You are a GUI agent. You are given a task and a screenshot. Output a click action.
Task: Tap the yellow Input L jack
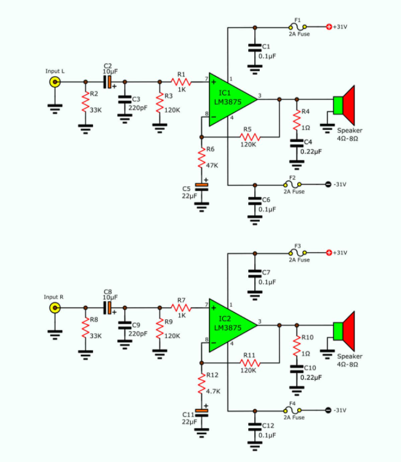[55, 82]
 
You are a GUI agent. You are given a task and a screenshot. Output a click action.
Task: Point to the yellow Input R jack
[55, 308]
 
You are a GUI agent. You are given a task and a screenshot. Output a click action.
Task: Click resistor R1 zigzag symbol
[181, 82]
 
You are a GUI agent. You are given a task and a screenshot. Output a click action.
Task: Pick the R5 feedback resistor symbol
[250, 137]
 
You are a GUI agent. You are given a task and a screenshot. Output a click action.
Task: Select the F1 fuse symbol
[298, 27]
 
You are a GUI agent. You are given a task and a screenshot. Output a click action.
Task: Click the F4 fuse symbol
[292, 410]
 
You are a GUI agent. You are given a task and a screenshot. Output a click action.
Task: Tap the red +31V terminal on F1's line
[329, 27]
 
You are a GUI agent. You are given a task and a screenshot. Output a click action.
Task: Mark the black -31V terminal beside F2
[329, 184]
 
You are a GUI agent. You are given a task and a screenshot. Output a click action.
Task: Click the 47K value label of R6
[212, 166]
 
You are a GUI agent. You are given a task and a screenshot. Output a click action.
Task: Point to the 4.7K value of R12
[213, 392]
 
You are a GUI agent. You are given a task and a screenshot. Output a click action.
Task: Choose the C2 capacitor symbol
[107, 82]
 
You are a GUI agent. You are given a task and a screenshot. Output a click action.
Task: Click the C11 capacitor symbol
[202, 413]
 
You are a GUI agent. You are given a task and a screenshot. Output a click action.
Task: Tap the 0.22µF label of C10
[311, 377]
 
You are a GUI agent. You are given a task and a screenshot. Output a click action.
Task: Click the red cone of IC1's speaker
[349, 105]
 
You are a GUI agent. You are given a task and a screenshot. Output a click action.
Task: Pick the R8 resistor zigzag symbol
[85, 328]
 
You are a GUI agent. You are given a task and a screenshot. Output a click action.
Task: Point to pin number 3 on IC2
[260, 322]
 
